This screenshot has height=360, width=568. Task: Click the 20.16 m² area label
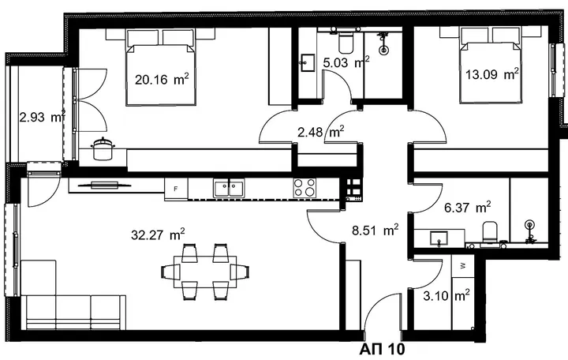coord(162,79)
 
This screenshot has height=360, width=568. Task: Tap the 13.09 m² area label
coord(492,74)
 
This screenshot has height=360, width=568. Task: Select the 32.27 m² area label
coord(158,234)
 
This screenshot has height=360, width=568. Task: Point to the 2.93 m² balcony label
coord(43,117)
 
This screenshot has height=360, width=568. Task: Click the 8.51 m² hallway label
coord(376,230)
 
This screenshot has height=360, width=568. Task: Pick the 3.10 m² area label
coord(447,295)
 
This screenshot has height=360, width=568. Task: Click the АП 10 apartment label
coord(382,350)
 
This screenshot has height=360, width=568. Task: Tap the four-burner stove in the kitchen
coord(305,187)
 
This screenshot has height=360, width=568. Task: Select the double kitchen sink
coord(229,188)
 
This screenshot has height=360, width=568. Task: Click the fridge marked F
coord(176,189)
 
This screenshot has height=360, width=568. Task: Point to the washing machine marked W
coord(462,266)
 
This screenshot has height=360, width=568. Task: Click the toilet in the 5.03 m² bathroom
coord(346,41)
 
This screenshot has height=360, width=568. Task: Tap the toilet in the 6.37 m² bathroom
coord(491,232)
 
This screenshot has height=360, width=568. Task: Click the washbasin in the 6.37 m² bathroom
coord(439,238)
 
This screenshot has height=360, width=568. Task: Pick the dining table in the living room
coord(205,272)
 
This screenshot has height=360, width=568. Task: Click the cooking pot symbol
coord(103,148)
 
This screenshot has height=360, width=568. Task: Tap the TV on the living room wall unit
coord(104,186)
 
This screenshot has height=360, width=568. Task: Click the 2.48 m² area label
coord(320,132)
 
